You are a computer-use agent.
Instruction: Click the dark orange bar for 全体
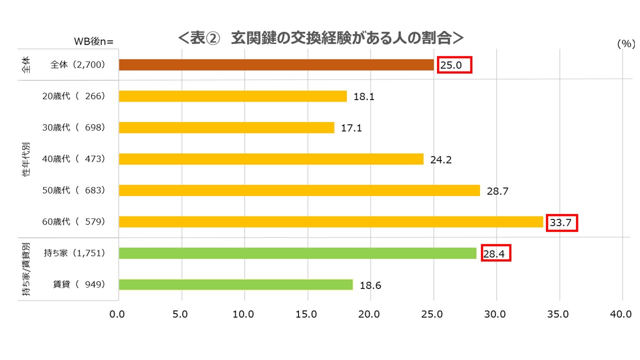[x=276, y=65]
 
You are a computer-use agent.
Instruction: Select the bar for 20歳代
[x=232, y=96]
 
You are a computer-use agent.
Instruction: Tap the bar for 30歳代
[x=226, y=127]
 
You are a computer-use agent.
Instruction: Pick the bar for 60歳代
[x=331, y=221]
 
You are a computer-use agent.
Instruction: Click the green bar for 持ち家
[x=297, y=253]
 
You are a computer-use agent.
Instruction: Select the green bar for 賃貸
[x=236, y=284]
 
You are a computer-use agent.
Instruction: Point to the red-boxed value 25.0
[x=454, y=65]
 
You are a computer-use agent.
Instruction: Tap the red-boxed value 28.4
[x=496, y=254]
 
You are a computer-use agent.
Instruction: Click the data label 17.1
[x=351, y=128]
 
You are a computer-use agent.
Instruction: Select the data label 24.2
[x=441, y=160]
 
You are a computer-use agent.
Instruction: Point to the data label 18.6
[x=370, y=285]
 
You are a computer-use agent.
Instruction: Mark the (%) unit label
[x=625, y=44]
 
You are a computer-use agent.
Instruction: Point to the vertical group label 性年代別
[x=26, y=158]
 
